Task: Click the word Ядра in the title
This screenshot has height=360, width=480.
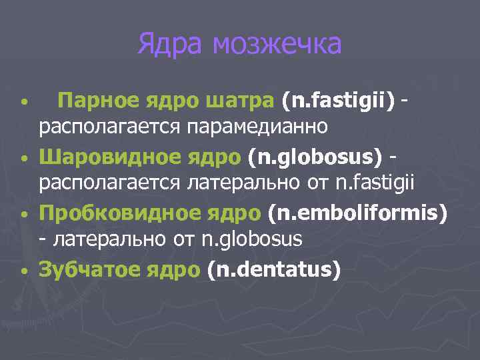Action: tap(171, 45)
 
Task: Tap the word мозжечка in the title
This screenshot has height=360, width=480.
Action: tap(277, 45)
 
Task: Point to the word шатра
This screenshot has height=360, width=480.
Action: tap(241, 101)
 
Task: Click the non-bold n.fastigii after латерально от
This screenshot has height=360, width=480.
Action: tap(374, 181)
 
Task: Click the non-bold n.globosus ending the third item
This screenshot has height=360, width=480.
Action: tap(251, 237)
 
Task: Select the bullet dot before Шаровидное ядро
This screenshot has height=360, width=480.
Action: tap(23, 160)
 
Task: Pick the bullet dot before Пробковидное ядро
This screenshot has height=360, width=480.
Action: tap(23, 217)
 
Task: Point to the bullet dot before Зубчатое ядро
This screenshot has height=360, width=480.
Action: tap(23, 273)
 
